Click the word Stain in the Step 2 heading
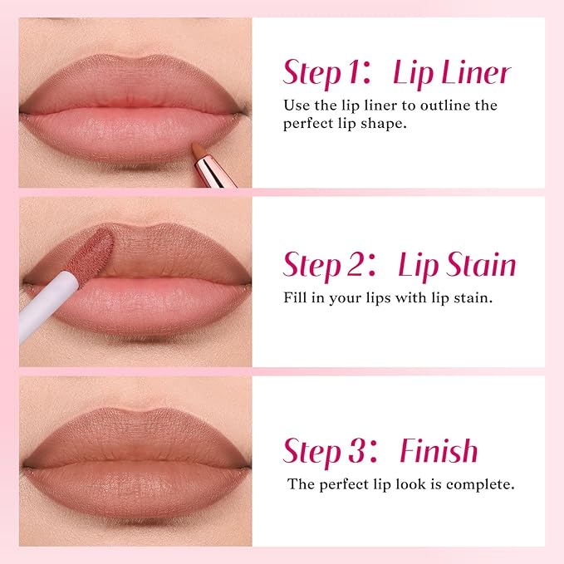tap(480, 265)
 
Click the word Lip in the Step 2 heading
tap(419, 265)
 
